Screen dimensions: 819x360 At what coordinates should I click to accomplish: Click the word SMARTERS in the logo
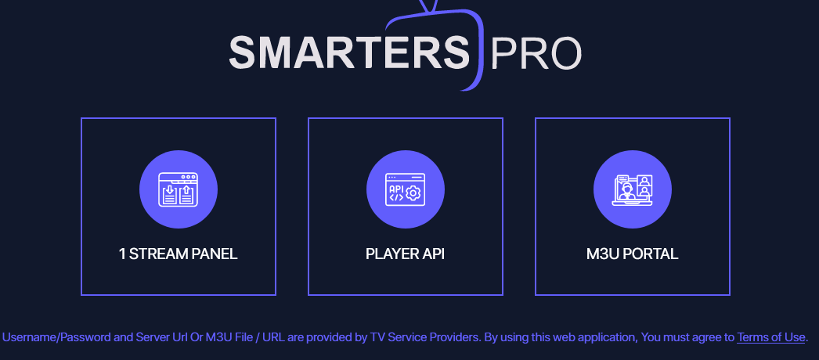(349, 52)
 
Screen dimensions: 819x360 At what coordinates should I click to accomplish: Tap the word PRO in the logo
(536, 52)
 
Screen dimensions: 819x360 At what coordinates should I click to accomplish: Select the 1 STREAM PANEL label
(178, 254)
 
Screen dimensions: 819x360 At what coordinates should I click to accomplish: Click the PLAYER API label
(406, 254)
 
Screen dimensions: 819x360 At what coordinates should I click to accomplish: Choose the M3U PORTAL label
(632, 254)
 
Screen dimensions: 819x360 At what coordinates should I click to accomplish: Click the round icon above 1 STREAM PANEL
(179, 189)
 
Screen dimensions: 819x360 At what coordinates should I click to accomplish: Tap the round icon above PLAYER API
(406, 189)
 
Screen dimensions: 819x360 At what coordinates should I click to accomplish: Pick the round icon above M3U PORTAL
(633, 189)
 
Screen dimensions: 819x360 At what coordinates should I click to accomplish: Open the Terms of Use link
(771, 337)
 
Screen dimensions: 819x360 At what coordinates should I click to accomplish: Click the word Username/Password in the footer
(56, 337)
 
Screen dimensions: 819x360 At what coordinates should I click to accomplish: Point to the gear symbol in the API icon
(413, 193)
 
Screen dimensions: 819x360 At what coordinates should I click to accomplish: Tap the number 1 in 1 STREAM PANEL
(121, 254)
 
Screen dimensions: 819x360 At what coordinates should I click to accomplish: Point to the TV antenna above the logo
(428, 5)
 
